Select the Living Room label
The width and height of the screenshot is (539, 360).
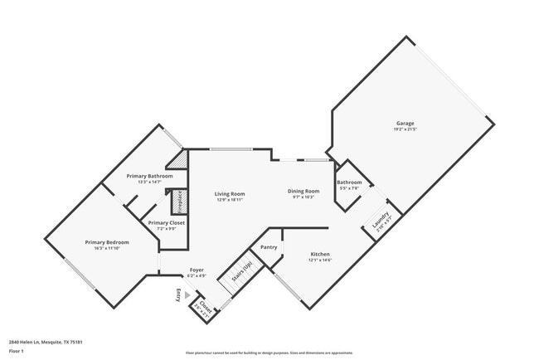232,193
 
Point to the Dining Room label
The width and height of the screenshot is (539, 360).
303,191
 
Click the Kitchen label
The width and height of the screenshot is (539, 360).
321,254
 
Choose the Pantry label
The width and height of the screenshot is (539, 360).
269,247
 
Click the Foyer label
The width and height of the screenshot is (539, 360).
197,270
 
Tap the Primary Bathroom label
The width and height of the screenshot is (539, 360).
149,176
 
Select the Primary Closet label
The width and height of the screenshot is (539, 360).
167,222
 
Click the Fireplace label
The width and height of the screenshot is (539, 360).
176,202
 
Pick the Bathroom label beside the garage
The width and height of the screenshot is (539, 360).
349,182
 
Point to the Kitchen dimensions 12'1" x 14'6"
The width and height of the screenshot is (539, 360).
321,260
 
